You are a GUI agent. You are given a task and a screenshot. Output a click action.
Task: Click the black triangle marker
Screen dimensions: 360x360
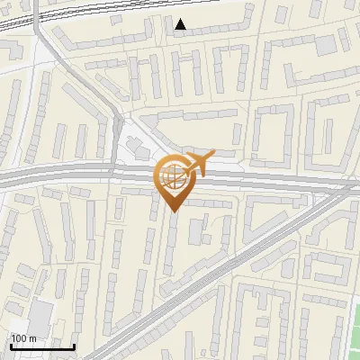[x=181, y=24]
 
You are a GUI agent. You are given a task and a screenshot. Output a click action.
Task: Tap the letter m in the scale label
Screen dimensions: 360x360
[x=32, y=338]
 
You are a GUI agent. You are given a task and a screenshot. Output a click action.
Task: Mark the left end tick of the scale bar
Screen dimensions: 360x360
[x=10, y=346]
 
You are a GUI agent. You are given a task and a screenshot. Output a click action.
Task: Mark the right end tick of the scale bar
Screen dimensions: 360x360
[x=74, y=346]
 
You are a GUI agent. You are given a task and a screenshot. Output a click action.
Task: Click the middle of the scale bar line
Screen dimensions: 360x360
[x=41, y=347]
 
